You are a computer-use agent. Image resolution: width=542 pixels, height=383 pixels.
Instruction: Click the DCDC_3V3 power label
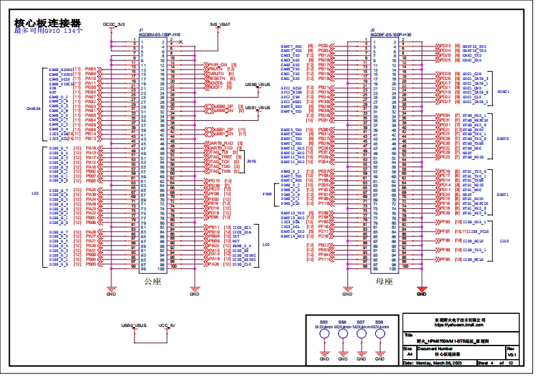[x=114, y=24]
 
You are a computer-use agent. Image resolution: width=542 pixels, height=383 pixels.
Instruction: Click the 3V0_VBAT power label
[x=220, y=24]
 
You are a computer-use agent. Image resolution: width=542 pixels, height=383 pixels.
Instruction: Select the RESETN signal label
[x=217, y=79]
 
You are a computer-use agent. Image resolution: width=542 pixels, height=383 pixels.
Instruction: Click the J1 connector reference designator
[x=141, y=30]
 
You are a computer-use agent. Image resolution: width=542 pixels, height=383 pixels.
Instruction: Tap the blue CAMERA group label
[x=33, y=109]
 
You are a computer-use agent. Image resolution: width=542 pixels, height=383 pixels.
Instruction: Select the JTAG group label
[x=251, y=161]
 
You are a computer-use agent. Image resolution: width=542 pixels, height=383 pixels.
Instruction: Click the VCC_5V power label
[x=167, y=325]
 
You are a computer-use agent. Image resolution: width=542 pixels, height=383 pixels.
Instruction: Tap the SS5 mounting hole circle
[x=324, y=335]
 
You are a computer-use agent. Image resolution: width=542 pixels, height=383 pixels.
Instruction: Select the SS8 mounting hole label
[x=379, y=322]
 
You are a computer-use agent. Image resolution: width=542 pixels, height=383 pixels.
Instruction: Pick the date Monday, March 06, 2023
[x=437, y=364]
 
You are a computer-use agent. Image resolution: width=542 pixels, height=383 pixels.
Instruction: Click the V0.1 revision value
[x=510, y=355]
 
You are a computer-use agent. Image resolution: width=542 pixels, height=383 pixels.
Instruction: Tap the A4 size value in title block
[x=409, y=355]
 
